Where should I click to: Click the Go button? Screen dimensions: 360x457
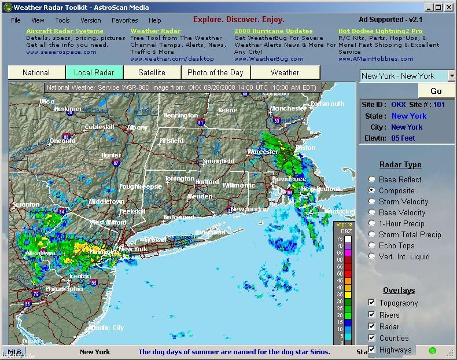[436, 91]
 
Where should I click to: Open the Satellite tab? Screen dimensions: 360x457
[152, 72]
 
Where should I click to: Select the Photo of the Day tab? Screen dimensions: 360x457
[215, 72]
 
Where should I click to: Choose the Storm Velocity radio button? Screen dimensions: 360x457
[373, 201]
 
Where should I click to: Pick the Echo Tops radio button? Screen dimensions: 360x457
[373, 245]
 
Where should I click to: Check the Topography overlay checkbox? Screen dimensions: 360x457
[372, 303]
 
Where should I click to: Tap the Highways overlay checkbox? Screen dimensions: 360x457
[372, 350]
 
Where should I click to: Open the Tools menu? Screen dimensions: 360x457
[62, 20]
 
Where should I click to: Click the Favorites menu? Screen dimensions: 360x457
[125, 20]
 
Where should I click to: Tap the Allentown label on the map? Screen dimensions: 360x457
[40, 253]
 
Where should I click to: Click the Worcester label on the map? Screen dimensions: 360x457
[263, 152]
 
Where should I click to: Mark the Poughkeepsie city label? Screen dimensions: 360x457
[141, 186]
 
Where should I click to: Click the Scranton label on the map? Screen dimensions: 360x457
[25, 204]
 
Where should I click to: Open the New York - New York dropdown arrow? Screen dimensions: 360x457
[451, 76]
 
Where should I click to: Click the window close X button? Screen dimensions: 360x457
[449, 8]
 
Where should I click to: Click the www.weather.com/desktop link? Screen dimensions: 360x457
[172, 58]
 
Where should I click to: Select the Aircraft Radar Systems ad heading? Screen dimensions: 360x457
[65, 31]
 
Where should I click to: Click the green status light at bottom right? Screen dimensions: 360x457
[432, 350]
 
